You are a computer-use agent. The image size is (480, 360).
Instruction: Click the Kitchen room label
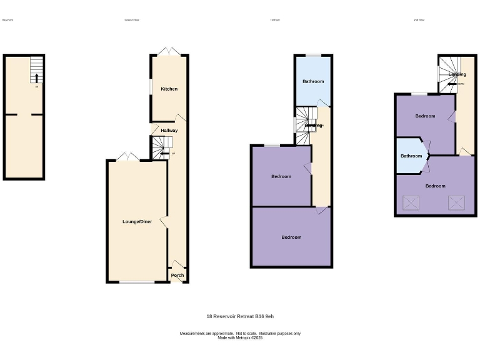pos(169,89)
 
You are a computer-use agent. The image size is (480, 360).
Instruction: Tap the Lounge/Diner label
pos(137,222)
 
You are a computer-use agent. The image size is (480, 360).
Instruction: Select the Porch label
pos(177,275)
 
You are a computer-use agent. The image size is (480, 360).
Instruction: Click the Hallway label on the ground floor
pos(169,131)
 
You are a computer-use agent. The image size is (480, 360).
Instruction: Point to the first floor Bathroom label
pos(313,81)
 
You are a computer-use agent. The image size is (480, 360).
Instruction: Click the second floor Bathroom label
pos(411,156)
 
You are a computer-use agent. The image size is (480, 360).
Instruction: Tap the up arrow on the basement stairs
pos(36,78)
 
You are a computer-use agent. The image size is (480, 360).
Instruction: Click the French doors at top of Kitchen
pos(169,52)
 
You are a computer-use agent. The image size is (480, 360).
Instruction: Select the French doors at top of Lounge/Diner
pos(129,156)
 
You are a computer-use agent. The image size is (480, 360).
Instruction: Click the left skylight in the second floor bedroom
pos(411,202)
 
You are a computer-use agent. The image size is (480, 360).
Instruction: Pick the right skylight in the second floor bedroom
pos(456,202)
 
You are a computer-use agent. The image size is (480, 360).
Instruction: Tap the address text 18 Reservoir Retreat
pos(240,316)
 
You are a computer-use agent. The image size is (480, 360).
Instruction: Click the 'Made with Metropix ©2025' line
pos(240,337)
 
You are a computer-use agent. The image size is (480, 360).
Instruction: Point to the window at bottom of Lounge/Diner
pos(137,282)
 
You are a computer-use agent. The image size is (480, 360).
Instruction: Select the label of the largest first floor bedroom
pos(291,237)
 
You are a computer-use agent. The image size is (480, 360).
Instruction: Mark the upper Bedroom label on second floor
pos(425,116)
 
